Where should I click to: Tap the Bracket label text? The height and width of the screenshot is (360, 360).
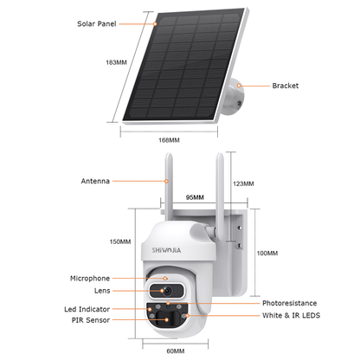tap(286, 86)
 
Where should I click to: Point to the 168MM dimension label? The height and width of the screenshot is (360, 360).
tap(170, 140)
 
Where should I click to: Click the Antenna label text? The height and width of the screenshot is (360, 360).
tap(95, 182)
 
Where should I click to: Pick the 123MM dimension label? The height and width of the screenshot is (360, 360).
tap(244, 183)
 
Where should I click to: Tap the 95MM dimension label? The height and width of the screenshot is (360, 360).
tap(194, 196)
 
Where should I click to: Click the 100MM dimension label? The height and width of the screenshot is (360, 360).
tap(268, 253)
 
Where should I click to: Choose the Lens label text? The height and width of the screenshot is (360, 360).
tap(102, 292)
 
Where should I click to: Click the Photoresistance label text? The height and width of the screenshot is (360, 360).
tap(290, 304)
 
